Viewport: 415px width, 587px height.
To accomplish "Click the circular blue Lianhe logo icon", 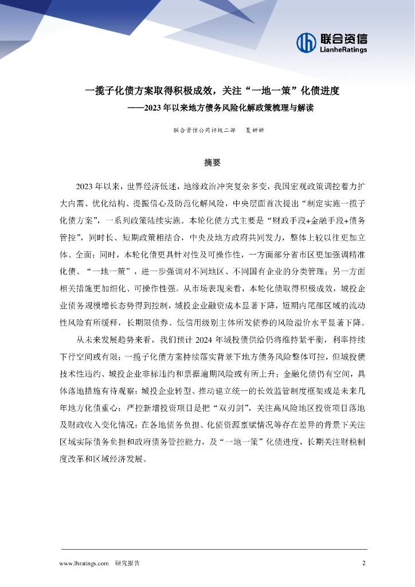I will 307,42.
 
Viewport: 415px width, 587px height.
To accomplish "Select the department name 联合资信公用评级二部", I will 204,130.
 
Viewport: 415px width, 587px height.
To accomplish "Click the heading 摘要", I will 212,162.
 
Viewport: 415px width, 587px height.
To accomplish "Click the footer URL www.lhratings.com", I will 84,563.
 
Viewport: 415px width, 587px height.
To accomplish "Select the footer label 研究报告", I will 127,563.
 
